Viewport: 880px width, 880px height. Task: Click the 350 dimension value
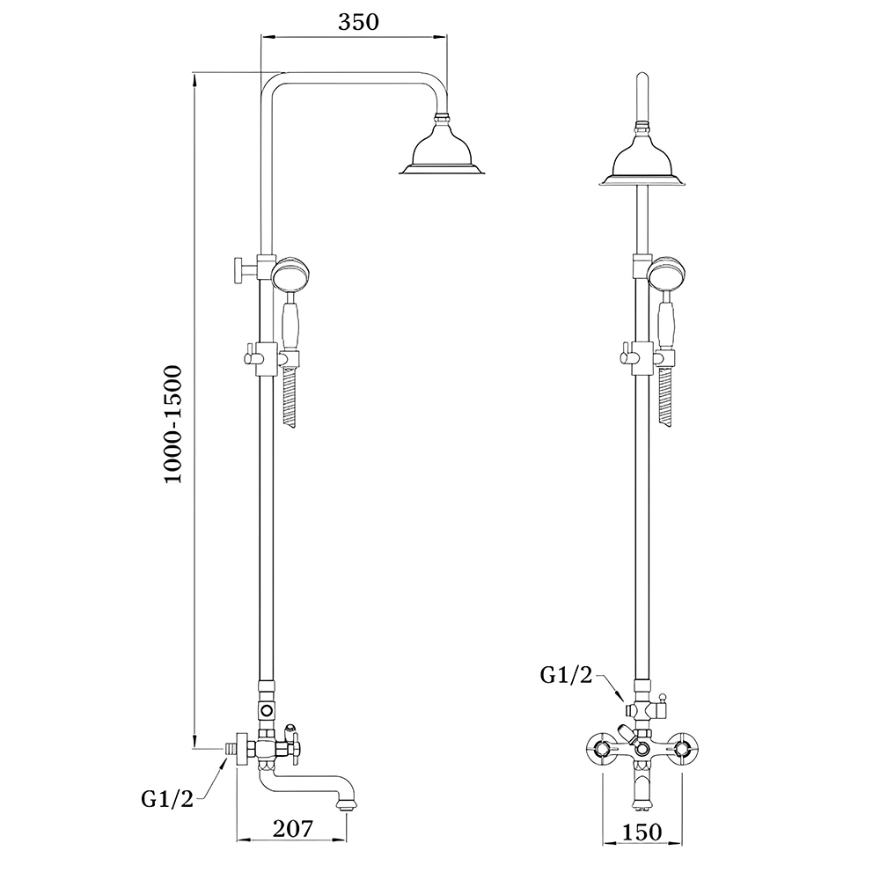pyautogui.click(x=358, y=23)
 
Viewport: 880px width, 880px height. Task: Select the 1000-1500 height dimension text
pyautogui.click(x=172, y=424)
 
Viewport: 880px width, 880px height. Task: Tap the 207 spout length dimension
pyautogui.click(x=292, y=828)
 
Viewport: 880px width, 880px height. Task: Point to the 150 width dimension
pyautogui.click(x=642, y=832)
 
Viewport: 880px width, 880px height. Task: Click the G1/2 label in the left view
pyautogui.click(x=166, y=799)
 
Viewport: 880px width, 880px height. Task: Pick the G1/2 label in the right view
pyautogui.click(x=566, y=675)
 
